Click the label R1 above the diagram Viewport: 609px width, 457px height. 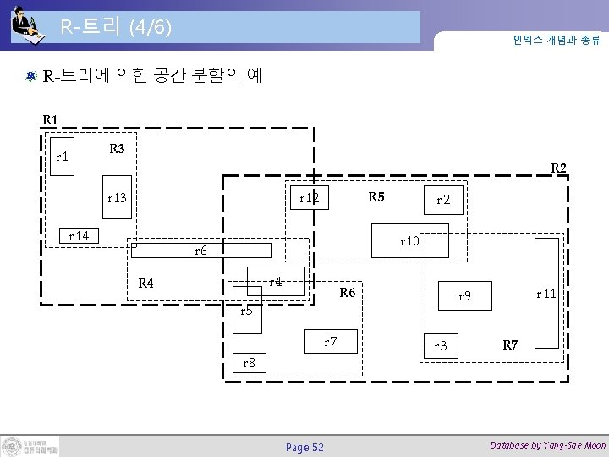coord(51,120)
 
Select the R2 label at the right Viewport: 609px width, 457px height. coord(559,168)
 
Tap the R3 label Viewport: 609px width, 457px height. coord(118,149)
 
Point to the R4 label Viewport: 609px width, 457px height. coord(146,283)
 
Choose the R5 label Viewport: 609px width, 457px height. coord(376,198)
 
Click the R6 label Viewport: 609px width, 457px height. coord(347,294)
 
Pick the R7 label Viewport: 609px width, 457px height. coord(510,344)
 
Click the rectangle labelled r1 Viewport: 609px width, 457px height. coord(61,157)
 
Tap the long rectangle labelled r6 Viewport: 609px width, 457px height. coord(200,251)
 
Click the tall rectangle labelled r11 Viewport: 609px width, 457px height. coord(547,293)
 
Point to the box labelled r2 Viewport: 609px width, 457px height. coord(443,201)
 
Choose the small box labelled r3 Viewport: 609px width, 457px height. coord(440,346)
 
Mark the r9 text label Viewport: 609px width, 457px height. coord(464,296)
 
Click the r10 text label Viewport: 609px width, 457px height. coord(410,242)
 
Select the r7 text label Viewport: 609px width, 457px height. coord(332,342)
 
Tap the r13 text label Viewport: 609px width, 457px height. coord(117,198)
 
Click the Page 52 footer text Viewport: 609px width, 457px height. coord(304,447)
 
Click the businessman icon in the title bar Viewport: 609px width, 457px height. coord(27,24)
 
